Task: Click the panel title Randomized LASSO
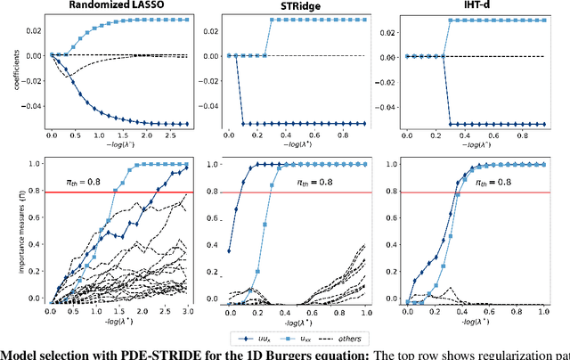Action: pyautogui.click(x=114, y=6)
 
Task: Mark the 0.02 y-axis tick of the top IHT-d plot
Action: pyautogui.click(x=387, y=30)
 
